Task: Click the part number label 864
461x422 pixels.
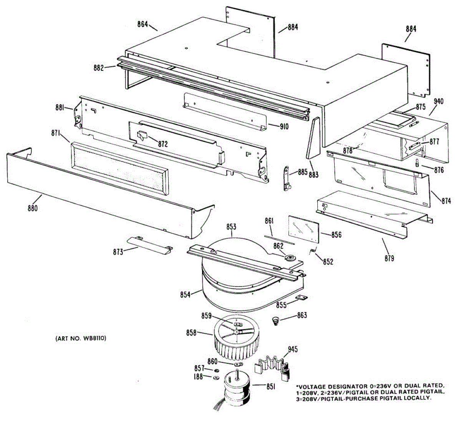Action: tap(143, 24)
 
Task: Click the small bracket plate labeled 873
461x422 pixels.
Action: tap(150, 244)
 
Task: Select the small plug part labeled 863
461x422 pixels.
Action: tap(275, 320)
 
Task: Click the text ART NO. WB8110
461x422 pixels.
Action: tap(81, 339)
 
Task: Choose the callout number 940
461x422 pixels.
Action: tap(438, 101)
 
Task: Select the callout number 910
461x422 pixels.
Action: tap(284, 127)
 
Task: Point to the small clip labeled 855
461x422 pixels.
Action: tap(302, 297)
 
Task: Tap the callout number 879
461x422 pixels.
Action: tap(389, 258)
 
